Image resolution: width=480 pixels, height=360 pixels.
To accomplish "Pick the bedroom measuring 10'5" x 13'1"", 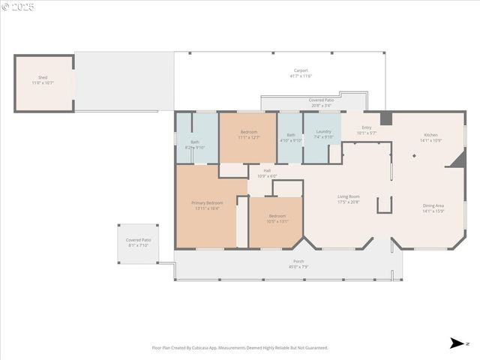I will tap(277, 218).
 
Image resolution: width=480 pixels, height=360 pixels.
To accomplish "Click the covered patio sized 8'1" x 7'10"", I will tap(138, 242).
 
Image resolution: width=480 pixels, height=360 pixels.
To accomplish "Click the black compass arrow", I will tap(456, 343).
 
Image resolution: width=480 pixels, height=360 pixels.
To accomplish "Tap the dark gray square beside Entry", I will tap(385, 118).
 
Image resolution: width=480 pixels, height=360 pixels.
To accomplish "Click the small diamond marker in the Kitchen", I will tap(413, 156).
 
